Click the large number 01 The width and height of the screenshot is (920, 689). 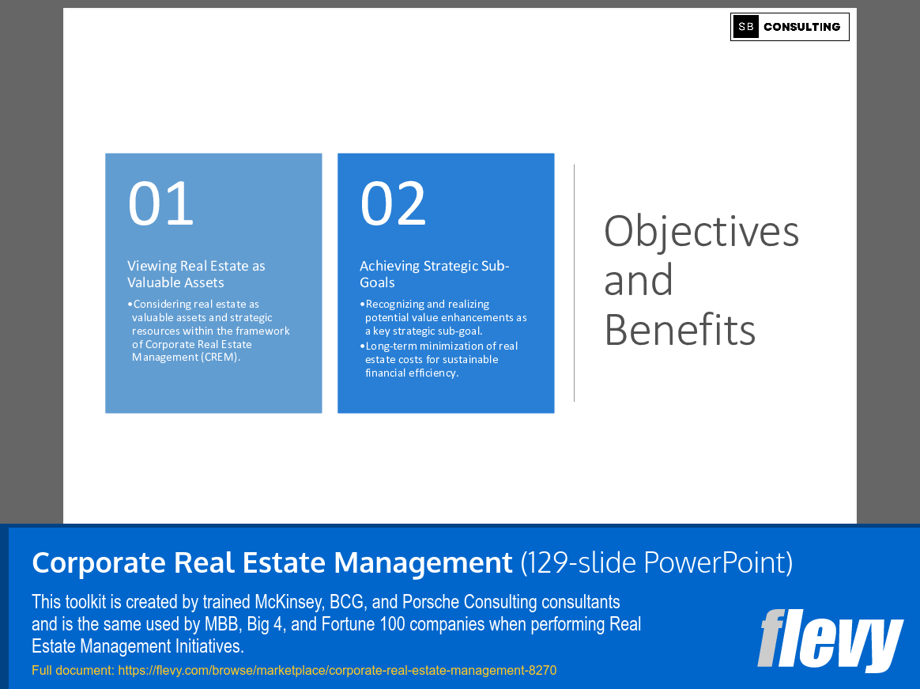pyautogui.click(x=160, y=203)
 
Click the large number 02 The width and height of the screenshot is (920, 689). pyautogui.click(x=393, y=203)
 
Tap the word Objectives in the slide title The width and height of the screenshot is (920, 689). pyautogui.click(x=701, y=232)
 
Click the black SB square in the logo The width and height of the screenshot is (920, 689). pyautogui.click(x=745, y=27)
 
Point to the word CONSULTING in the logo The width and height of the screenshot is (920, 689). pyautogui.click(x=801, y=27)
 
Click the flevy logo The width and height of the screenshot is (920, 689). pyautogui.click(x=829, y=640)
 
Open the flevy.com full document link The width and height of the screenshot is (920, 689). pyautogui.click(x=337, y=671)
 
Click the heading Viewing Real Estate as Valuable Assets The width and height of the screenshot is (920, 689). pyautogui.click(x=196, y=274)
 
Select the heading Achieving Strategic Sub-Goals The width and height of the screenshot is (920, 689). pyautogui.click(x=434, y=274)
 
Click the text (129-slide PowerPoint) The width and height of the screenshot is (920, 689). pyautogui.click(x=656, y=563)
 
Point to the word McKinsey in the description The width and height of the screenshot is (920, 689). pyautogui.click(x=283, y=603)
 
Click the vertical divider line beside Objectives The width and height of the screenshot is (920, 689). pyautogui.click(x=574, y=282)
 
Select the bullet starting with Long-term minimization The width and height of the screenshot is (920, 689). pyautogui.click(x=441, y=359)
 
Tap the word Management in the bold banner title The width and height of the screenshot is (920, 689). pyautogui.click(x=423, y=563)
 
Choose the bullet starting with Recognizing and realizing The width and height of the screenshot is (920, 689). pyautogui.click(x=445, y=317)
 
